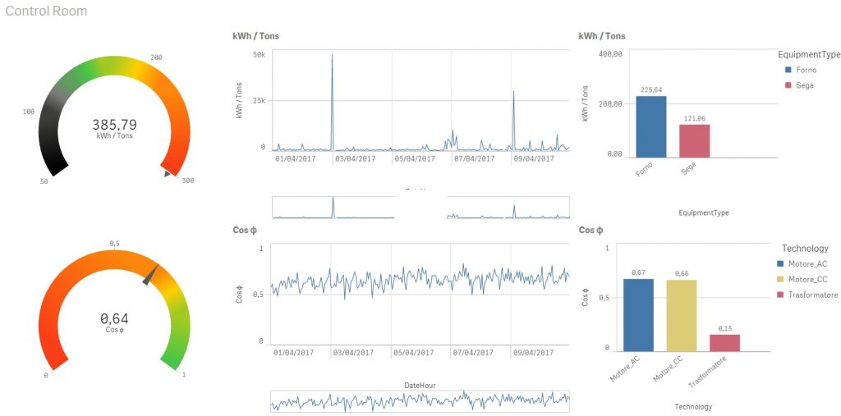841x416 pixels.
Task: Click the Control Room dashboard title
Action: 46,11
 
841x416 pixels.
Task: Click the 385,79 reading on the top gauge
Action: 114,125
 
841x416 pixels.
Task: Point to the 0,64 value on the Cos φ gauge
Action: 114,319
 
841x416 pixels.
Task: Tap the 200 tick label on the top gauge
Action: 156,57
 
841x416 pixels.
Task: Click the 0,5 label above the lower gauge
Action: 115,244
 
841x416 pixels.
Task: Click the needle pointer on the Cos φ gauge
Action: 151,273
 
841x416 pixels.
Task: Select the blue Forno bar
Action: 651,126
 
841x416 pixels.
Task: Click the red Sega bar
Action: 694,140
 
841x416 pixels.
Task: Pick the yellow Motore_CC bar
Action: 682,315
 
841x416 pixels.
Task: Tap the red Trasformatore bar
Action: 724,342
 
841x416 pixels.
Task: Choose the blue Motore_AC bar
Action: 638,314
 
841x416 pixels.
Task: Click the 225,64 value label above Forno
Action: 651,90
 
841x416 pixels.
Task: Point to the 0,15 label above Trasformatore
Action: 724,328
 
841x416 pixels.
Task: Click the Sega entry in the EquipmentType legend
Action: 804,85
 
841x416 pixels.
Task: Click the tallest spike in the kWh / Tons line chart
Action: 332,57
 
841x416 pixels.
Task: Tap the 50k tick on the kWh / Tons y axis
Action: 258,55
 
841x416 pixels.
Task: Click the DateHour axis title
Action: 420,385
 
